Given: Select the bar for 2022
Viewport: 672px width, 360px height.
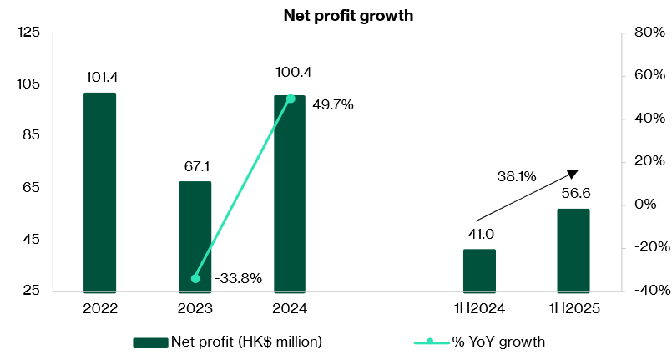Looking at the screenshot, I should click(x=100, y=192).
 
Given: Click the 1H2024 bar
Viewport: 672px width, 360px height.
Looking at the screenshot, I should click(x=479, y=271).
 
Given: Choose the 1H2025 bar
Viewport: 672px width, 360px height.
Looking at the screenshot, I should click(x=573, y=251).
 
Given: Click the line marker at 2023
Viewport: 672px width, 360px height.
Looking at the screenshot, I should click(x=195, y=278).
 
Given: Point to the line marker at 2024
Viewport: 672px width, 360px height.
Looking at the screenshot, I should click(x=291, y=99).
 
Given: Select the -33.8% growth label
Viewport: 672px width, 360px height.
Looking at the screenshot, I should click(x=239, y=279).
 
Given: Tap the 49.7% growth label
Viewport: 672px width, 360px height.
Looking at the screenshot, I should click(x=333, y=105).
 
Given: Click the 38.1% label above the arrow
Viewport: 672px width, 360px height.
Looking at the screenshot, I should click(x=517, y=176).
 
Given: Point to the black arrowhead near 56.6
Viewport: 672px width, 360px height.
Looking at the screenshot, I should click(x=572, y=174).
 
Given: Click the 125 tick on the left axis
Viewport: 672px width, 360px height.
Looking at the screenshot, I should click(x=28, y=33).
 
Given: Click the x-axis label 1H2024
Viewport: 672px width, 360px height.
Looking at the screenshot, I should click(x=479, y=308).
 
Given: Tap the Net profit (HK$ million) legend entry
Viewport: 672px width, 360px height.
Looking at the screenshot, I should click(x=228, y=342).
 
